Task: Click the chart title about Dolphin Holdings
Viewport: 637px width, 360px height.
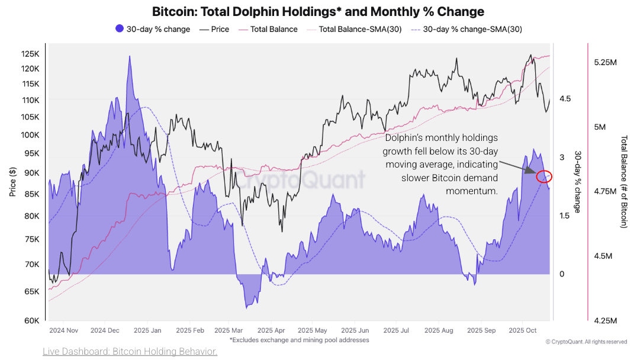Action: [318, 11]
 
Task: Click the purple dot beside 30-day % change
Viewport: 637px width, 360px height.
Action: [119, 29]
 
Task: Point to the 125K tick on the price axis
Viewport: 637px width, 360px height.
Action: [30, 54]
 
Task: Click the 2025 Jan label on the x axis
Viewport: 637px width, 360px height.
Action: [148, 330]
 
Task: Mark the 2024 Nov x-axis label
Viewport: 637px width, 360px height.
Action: [64, 330]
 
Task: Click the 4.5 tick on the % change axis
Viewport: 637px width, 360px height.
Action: [565, 99]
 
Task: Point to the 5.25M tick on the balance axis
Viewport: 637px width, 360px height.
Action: [605, 62]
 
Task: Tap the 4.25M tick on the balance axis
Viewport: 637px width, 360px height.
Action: [605, 320]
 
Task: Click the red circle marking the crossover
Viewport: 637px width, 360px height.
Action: [543, 176]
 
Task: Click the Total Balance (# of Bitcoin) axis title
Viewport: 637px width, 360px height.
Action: [623, 182]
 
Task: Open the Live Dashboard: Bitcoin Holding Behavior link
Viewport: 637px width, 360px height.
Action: [130, 352]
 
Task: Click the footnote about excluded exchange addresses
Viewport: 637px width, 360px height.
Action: [299, 340]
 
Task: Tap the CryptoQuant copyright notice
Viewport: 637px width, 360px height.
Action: [586, 342]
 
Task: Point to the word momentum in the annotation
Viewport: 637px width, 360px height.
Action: [472, 191]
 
